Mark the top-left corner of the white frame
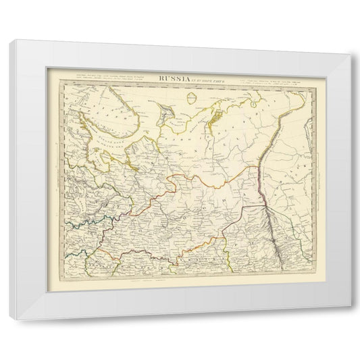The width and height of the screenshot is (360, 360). [x=9, y=41]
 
